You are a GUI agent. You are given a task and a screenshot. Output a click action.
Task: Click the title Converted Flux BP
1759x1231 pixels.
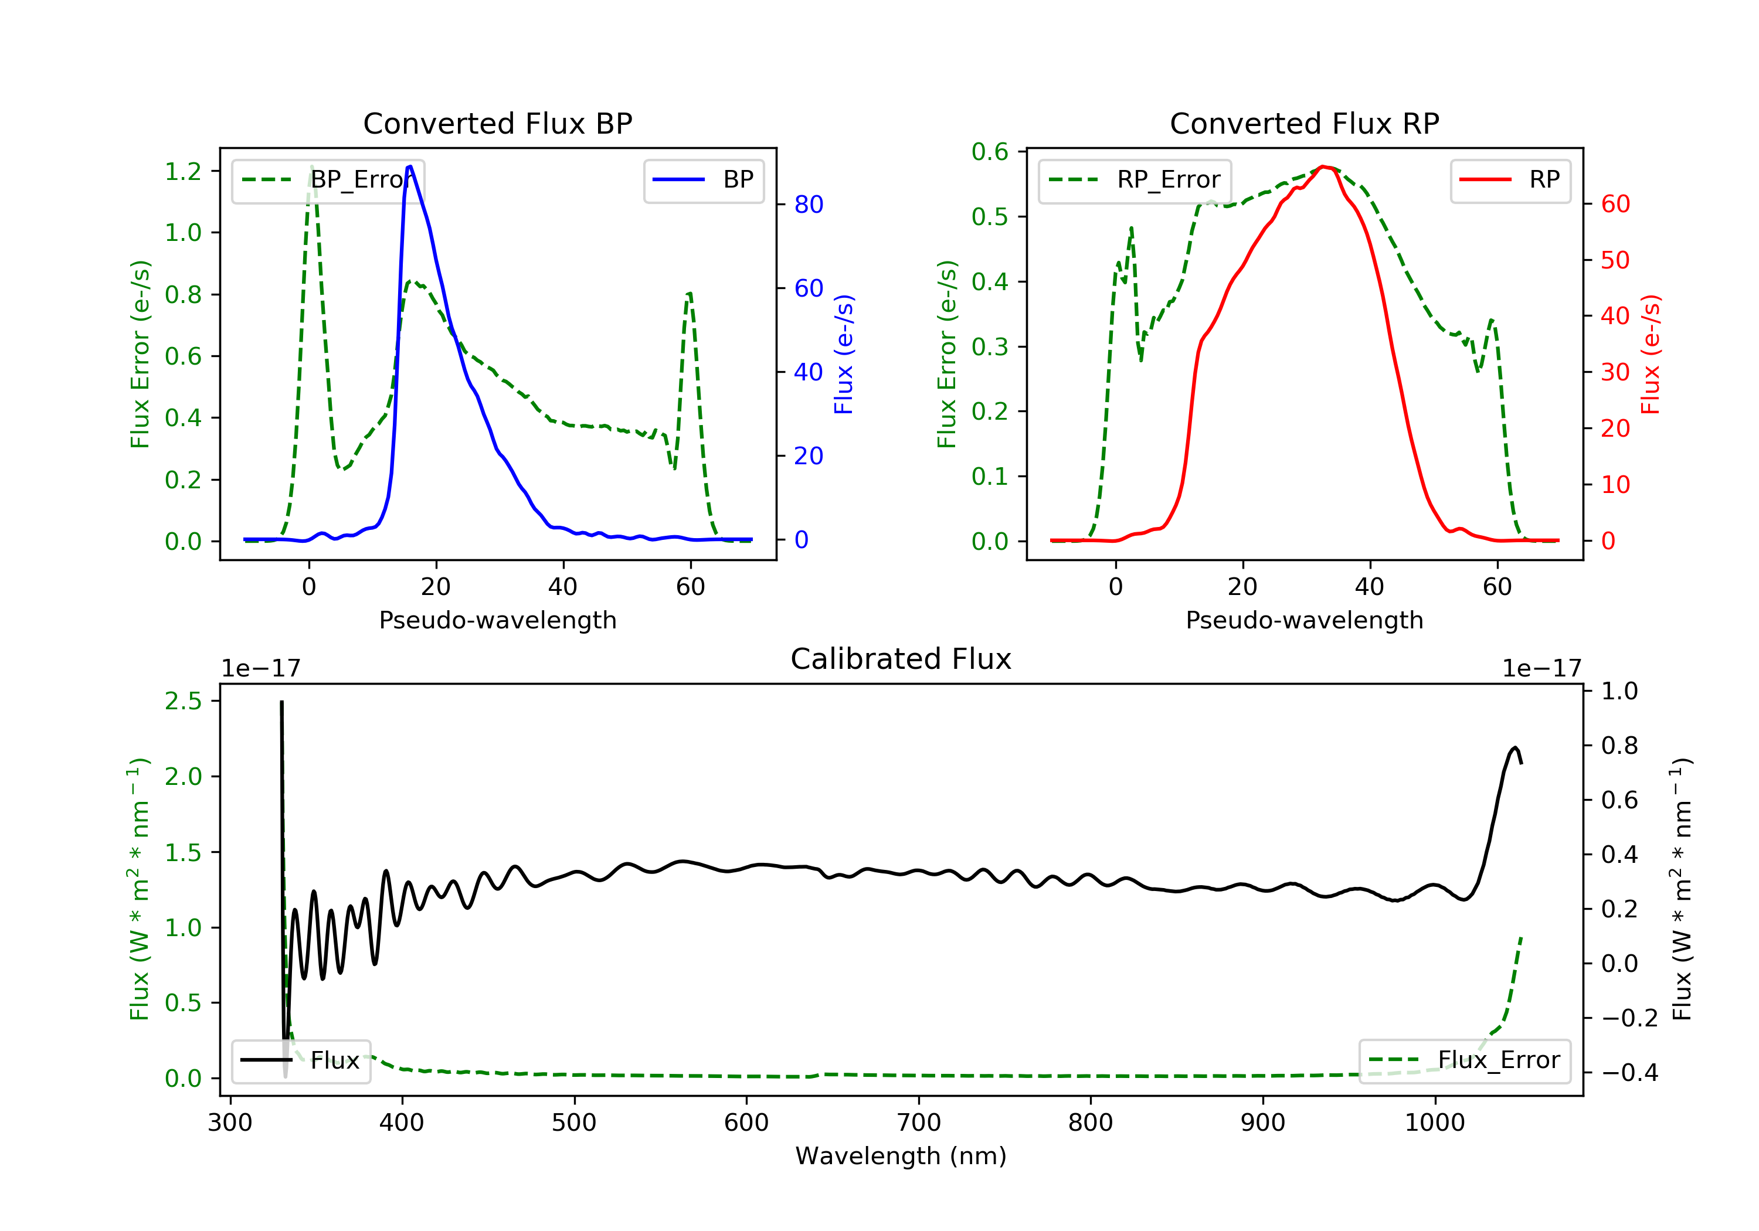click(497, 123)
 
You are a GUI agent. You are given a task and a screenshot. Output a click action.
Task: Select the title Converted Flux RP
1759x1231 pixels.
click(1304, 123)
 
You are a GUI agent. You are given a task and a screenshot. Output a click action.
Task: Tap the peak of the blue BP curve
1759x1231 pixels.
click(410, 166)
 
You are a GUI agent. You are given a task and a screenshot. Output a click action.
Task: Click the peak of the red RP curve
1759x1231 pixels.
click(1324, 166)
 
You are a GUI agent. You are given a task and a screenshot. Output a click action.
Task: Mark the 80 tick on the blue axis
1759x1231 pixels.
click(808, 205)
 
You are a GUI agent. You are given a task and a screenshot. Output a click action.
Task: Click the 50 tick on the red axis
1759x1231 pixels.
click(1615, 260)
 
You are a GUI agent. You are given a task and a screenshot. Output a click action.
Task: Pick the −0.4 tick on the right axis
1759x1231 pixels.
click(1629, 1072)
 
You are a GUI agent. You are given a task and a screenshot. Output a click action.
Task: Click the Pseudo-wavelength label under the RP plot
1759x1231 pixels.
click(1304, 620)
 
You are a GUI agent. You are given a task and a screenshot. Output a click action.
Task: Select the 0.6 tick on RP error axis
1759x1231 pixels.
click(990, 152)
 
